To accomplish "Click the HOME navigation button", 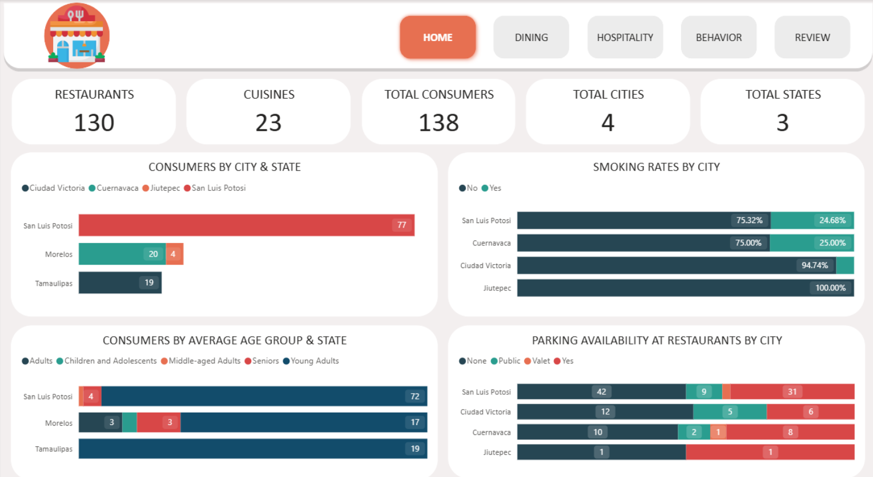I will tap(437, 37).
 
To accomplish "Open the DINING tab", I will tap(531, 37).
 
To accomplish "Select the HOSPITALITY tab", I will tap(625, 37).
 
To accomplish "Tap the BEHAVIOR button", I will tap(718, 37).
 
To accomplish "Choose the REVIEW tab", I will tap(812, 37).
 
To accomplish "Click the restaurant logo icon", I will tap(77, 35).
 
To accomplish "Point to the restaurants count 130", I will tap(94, 123).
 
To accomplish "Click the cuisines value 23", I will tap(268, 123).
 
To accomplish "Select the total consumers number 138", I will tap(438, 123).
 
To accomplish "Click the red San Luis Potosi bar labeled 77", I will tap(246, 225).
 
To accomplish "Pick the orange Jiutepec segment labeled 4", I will tap(174, 254).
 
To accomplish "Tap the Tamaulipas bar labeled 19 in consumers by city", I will tap(120, 282).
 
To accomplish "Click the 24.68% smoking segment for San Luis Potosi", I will tap(812, 220).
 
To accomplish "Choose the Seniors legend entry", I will tap(262, 361).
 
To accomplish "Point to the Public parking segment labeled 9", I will tap(703, 391).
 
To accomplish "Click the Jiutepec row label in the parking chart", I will tap(497, 452).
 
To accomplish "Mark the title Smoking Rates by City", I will tap(656, 167).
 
